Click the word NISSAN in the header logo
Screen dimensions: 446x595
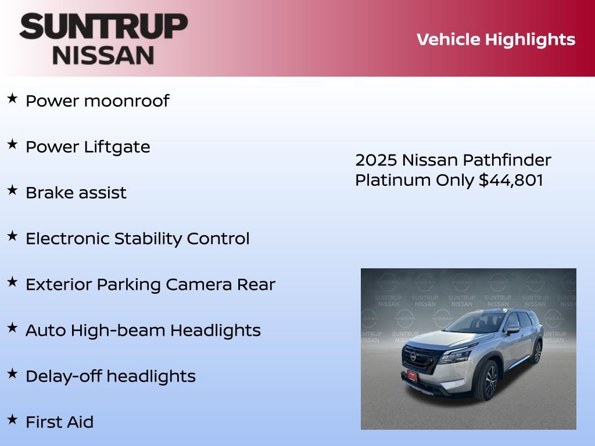click(103, 55)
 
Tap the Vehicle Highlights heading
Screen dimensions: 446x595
click(496, 39)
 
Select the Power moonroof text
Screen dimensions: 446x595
click(97, 101)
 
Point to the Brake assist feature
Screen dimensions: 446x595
click(76, 193)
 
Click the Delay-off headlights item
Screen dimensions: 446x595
click(110, 376)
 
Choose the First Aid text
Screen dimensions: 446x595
click(59, 422)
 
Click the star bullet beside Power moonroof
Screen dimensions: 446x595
click(12, 99)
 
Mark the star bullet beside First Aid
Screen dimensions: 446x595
click(12, 420)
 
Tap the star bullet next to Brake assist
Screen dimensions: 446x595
click(12, 190)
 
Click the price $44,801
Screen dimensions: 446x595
click(511, 181)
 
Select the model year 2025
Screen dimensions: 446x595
click(375, 160)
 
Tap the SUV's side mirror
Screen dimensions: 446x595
click(512, 329)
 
